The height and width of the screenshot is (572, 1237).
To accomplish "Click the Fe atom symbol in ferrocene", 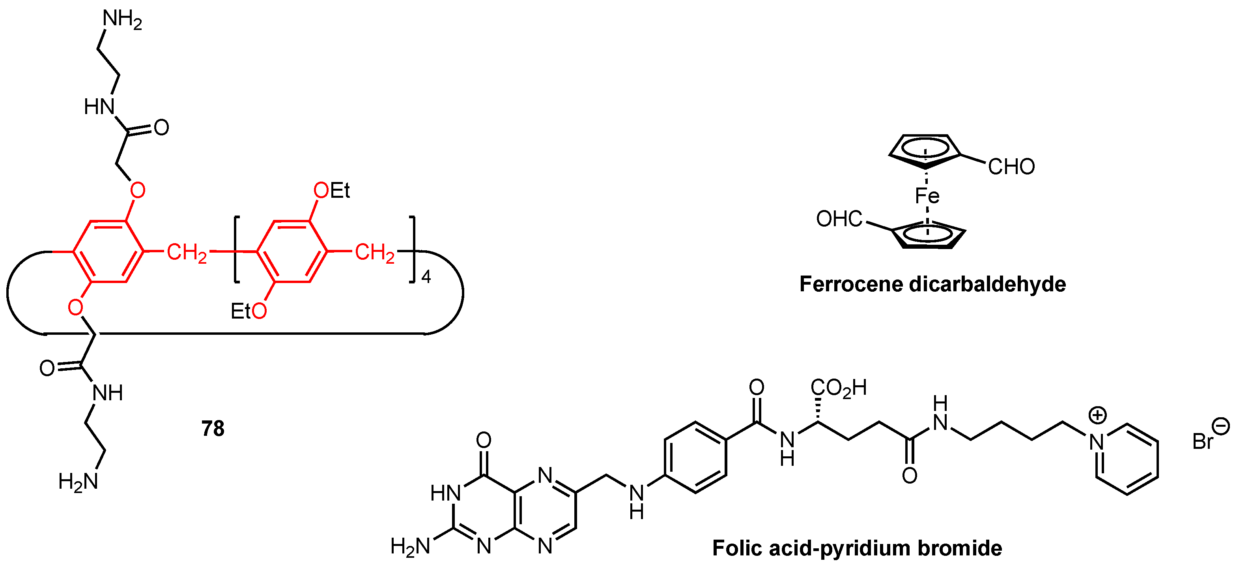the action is [927, 196].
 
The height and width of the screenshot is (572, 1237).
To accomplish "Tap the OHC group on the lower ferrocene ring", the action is [839, 219].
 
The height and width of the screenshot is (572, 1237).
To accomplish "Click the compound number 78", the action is [213, 428].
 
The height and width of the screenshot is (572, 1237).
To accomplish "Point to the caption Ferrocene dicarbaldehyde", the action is [932, 284].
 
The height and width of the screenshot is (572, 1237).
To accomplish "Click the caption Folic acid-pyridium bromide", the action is [857, 548].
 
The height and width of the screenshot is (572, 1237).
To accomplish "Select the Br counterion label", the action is [1203, 441].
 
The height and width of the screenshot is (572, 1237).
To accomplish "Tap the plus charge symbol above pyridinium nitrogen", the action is [1097, 415].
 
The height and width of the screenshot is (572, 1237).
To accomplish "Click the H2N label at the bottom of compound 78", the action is [78, 481].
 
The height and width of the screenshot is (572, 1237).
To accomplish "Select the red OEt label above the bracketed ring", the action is [331, 191].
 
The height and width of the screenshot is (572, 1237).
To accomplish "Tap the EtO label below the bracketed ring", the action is [248, 311].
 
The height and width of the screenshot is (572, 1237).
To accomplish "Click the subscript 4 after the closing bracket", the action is [426, 277].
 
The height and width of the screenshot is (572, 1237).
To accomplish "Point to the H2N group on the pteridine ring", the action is [409, 546].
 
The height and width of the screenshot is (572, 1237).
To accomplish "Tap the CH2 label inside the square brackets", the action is [375, 252].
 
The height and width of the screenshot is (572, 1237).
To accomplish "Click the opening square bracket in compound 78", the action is [237, 250].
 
